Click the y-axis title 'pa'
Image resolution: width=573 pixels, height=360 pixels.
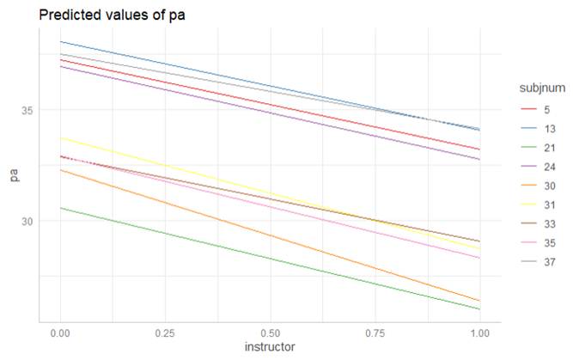(x=12, y=177)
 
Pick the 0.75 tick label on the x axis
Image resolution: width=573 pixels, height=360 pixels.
(x=375, y=331)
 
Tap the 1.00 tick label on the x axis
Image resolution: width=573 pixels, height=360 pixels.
(x=479, y=331)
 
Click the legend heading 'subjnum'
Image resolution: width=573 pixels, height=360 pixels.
(x=539, y=88)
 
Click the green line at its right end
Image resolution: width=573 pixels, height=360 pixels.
(x=479, y=308)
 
